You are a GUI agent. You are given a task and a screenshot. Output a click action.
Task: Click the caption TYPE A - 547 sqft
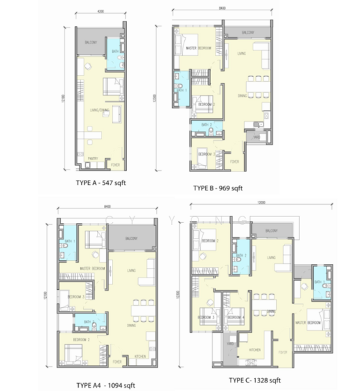pos(98,184)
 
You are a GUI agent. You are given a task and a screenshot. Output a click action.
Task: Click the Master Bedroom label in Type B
pos(197,49)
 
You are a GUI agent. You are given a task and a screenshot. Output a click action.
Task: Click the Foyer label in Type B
pos(234,160)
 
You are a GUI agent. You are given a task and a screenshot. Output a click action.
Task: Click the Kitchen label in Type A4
pos(139,358)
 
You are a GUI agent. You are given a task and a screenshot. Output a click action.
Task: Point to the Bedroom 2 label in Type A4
pos(81,340)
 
